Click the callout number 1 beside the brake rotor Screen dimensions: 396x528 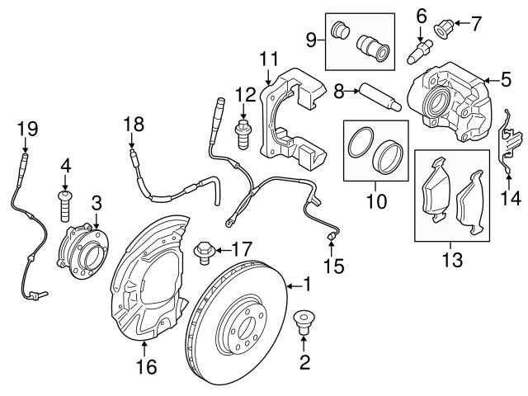(306, 285)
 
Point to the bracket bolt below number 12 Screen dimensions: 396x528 (243, 132)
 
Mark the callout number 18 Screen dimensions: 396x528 (134, 125)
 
